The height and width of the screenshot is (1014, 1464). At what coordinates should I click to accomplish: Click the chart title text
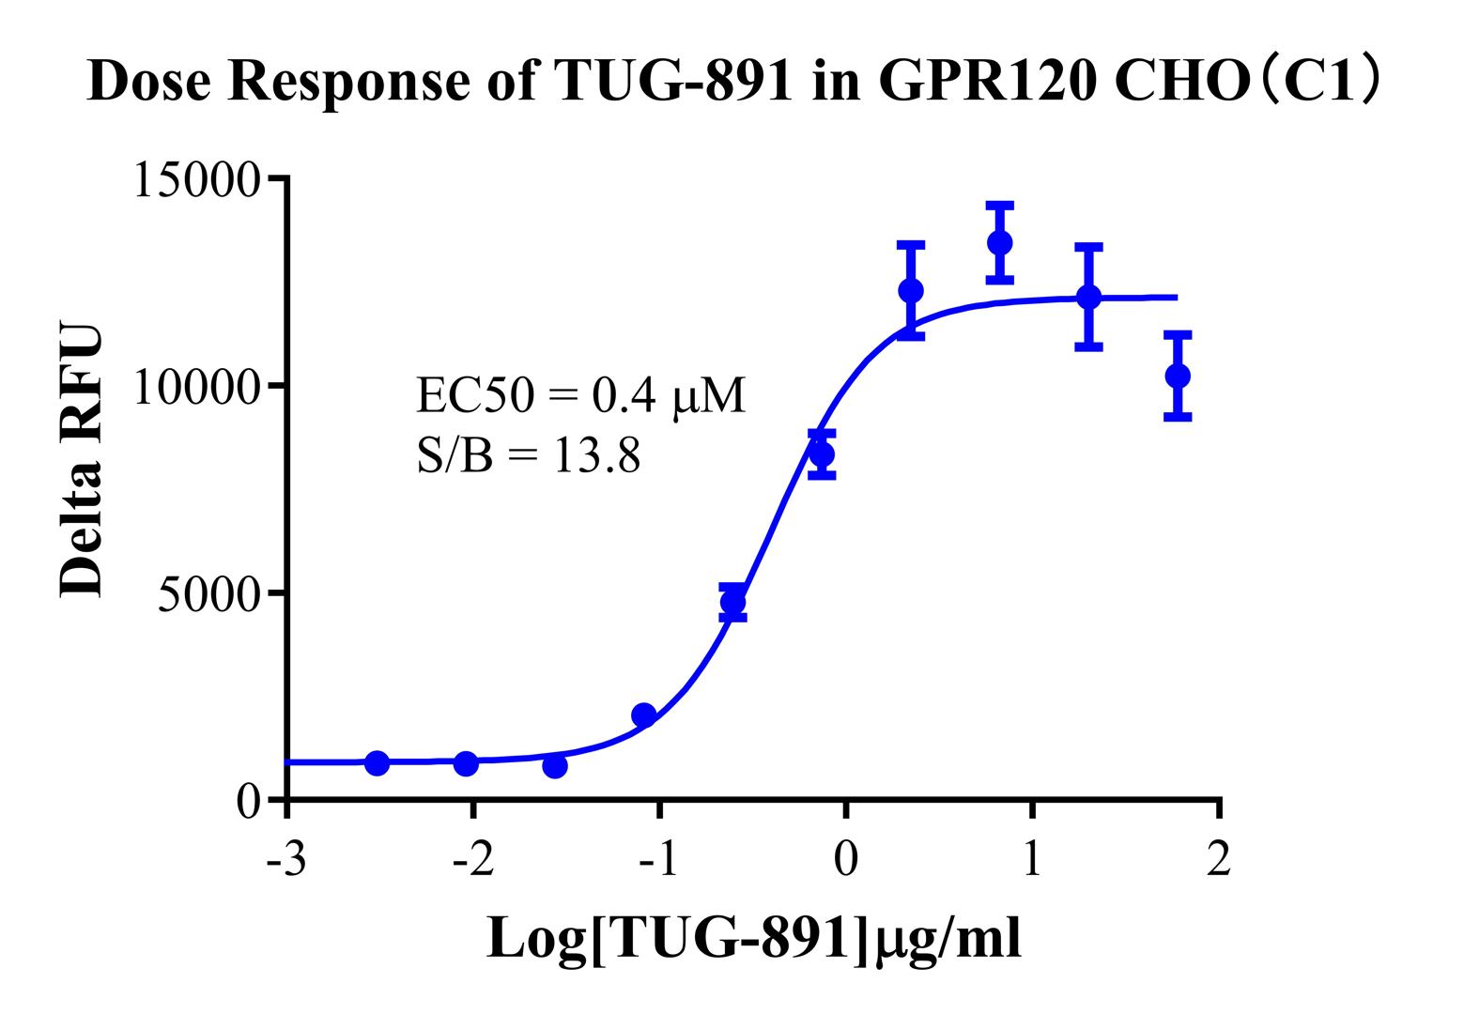[732, 82]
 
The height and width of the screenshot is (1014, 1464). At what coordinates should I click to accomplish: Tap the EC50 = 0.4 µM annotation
[581, 396]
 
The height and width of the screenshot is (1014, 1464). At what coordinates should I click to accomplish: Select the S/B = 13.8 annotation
[529, 457]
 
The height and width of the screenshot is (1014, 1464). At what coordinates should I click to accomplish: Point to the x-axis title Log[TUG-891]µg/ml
[753, 937]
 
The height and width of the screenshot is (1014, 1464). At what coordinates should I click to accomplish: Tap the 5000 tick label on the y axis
[208, 594]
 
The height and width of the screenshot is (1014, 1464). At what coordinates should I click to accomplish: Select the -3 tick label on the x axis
[285, 859]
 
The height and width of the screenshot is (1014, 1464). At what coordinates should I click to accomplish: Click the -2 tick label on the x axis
[472, 859]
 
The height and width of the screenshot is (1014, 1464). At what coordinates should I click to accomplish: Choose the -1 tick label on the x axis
[658, 859]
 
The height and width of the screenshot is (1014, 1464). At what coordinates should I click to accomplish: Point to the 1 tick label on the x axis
[1032, 859]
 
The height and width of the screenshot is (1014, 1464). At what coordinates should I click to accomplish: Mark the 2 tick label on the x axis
[1218, 859]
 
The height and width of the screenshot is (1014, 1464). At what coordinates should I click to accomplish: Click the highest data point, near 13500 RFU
[1000, 242]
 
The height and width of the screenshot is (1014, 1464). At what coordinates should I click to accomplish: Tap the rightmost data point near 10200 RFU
[1178, 376]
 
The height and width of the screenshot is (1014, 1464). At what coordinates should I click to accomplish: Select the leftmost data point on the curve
[377, 762]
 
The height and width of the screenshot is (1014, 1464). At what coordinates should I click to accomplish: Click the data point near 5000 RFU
[732, 602]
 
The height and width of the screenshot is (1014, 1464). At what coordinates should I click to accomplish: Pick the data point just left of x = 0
[822, 454]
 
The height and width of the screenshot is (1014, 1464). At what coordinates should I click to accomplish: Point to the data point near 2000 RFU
[643, 715]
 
